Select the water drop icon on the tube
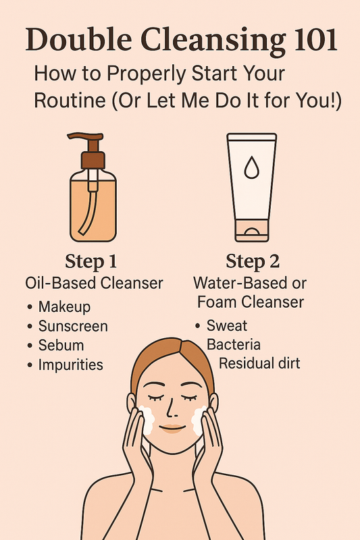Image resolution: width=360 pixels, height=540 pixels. [251, 167]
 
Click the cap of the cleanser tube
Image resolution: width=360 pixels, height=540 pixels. [251, 230]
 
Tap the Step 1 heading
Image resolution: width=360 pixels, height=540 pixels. [91, 261]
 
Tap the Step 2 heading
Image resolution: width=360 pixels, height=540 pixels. [253, 261]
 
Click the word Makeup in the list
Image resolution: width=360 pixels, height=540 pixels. [64, 306]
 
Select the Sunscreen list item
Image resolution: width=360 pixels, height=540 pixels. [73, 326]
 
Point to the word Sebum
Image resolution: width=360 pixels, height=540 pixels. [61, 345]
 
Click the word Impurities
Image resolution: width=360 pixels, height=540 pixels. [71, 364]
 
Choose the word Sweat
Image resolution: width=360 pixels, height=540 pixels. [227, 325]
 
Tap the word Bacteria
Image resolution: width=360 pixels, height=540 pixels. [234, 344]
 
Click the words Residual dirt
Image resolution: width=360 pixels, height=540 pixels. [259, 363]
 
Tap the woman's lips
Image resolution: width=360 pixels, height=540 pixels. [172, 428]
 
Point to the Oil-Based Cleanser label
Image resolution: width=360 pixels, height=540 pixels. [94, 283]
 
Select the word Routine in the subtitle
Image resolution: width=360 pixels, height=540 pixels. [70, 101]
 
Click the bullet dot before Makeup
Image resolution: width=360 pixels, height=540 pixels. [30, 306]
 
